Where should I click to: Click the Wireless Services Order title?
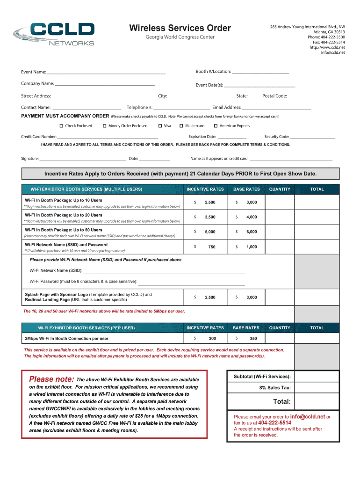coord(180,28)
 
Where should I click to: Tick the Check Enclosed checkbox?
coord(61,126)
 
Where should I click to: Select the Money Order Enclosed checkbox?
coord(104,126)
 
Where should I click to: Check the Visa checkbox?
coord(160,126)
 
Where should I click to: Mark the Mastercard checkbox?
coord(181,126)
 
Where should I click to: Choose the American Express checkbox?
coord(216,126)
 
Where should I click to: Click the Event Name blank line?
coord(106,73)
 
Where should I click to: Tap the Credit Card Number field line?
coord(108,138)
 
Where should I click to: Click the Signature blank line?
coord(83,160)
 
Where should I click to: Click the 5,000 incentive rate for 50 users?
coord(210,232)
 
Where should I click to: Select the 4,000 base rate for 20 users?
coord(252,217)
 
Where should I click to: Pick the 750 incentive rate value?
coord(212,247)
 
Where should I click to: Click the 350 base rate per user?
coord(253,339)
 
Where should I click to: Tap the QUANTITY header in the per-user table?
coord(280,328)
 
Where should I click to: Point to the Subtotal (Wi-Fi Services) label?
coord(262,377)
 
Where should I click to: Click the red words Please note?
coord(51,379)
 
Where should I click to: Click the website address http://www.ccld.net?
coord(327,47)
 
